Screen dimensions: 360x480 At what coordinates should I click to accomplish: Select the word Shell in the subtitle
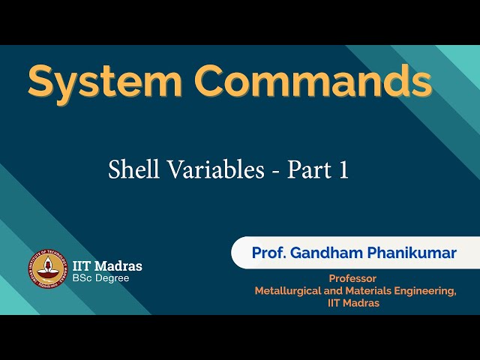(x=132, y=169)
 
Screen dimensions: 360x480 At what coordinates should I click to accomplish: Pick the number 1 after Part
(x=343, y=170)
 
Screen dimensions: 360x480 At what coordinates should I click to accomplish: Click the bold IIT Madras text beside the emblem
(x=107, y=265)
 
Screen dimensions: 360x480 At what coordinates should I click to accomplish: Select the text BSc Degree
(x=100, y=278)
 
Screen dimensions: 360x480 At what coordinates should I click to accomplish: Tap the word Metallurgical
(x=289, y=290)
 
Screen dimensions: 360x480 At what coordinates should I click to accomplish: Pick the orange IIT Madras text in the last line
(x=354, y=303)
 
